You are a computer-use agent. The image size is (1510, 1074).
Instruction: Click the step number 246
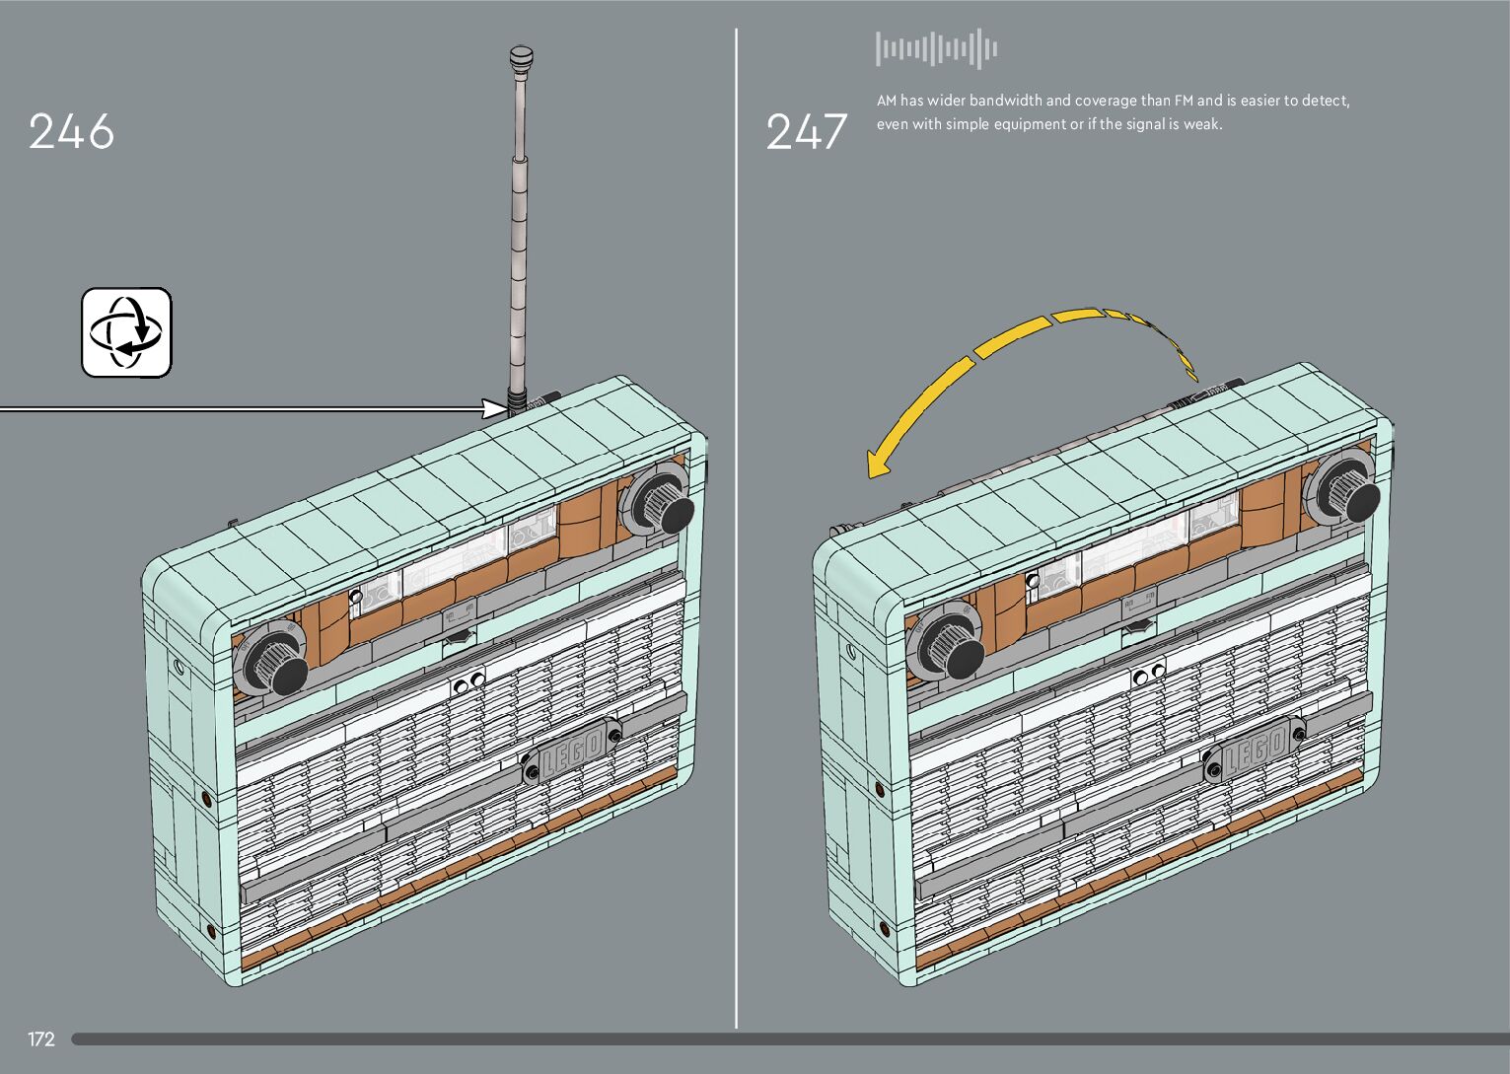click(71, 132)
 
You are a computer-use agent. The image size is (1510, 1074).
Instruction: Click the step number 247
click(806, 132)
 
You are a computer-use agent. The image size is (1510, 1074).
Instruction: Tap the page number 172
click(41, 1039)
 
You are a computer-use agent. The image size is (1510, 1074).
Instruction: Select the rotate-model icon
click(126, 332)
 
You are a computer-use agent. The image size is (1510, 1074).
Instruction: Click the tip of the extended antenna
click(521, 55)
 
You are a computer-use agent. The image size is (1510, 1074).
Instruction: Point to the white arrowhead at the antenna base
click(494, 408)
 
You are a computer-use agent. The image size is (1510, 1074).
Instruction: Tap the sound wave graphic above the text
click(936, 49)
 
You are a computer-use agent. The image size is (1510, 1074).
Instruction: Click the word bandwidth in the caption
click(1005, 101)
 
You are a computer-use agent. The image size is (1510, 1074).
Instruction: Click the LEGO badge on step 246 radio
click(572, 752)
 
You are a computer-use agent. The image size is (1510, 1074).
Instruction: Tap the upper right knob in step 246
click(665, 504)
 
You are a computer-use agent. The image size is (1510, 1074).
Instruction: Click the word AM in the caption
click(887, 101)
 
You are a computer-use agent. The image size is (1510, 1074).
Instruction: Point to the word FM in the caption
click(1183, 101)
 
